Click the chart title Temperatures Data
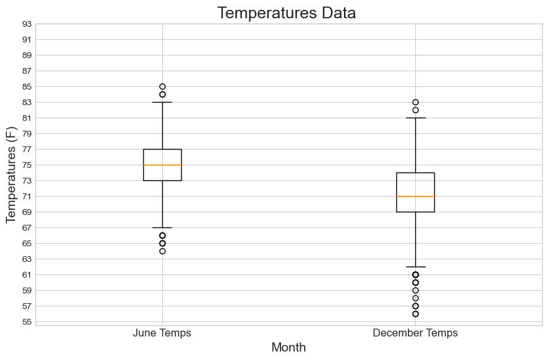[288, 13]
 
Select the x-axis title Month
[288, 348]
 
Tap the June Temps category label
[162, 333]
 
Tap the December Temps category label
[415, 333]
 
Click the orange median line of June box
[162, 165]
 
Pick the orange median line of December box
[415, 196]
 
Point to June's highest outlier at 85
[162, 86]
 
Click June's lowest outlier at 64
[162, 251]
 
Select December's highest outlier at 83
[415, 102]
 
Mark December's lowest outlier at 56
[415, 314]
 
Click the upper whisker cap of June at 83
[162, 102]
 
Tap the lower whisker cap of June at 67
[162, 227]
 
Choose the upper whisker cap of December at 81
[415, 118]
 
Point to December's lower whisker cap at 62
[415, 267]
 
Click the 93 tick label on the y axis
[26, 24]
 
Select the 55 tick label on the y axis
[26, 322]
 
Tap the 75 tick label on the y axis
[26, 165]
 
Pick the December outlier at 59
[415, 290]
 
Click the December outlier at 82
[415, 110]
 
